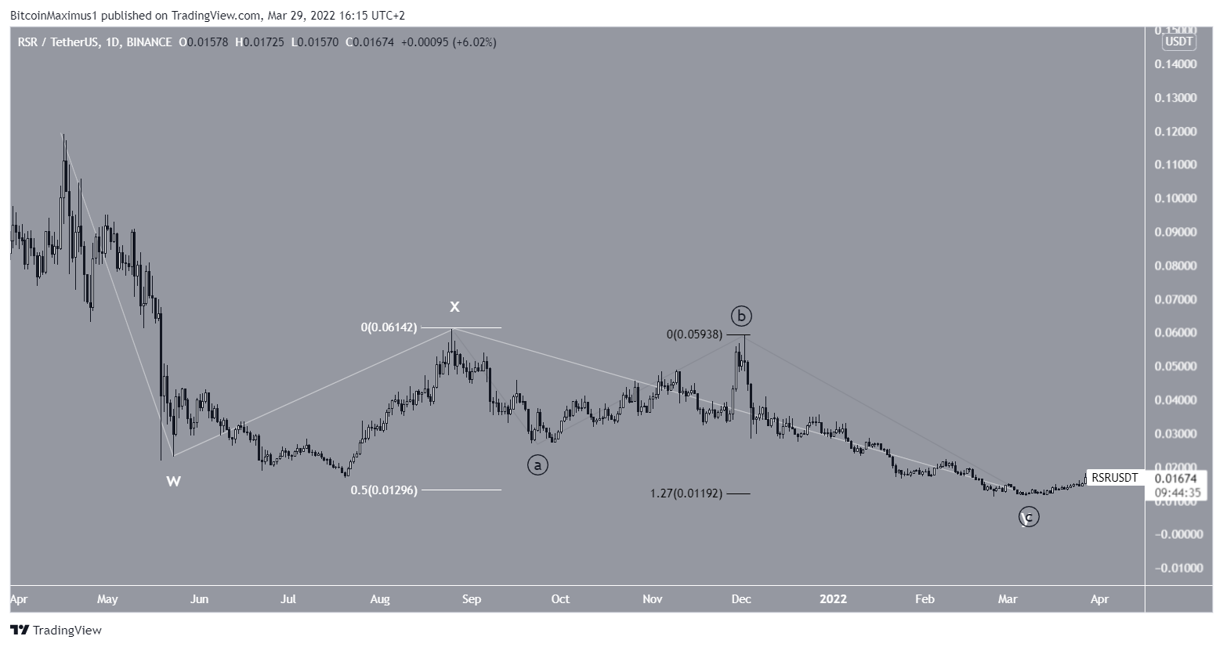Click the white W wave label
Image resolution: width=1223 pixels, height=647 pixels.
click(x=173, y=482)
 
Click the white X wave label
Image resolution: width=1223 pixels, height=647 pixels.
click(x=454, y=306)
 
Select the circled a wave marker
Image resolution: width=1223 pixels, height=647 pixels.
click(x=537, y=464)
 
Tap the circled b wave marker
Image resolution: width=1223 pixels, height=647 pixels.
click(x=741, y=316)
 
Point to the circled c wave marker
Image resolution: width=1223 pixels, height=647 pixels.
click(x=1029, y=517)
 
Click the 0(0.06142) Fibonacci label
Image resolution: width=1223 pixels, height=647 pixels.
click(x=389, y=327)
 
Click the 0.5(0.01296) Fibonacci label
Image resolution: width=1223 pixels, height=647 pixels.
click(x=384, y=490)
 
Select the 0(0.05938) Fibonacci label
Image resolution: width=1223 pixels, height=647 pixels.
click(x=694, y=334)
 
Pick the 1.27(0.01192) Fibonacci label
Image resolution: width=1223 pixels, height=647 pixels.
click(x=686, y=493)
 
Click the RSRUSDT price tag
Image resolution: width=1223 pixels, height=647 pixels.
click(x=1114, y=478)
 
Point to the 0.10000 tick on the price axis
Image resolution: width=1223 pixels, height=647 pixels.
click(x=1175, y=198)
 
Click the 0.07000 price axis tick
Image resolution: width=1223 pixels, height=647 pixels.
click(x=1175, y=299)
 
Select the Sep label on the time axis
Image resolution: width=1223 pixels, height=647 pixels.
click(x=472, y=599)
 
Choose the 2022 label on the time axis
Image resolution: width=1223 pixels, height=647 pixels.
click(x=833, y=599)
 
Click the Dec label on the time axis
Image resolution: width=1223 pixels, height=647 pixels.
click(x=741, y=599)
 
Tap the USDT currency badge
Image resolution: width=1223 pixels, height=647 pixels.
click(x=1178, y=42)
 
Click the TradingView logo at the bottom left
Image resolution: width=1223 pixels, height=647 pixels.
click(x=56, y=631)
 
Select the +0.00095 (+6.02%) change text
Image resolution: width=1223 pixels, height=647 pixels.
click(x=448, y=42)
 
